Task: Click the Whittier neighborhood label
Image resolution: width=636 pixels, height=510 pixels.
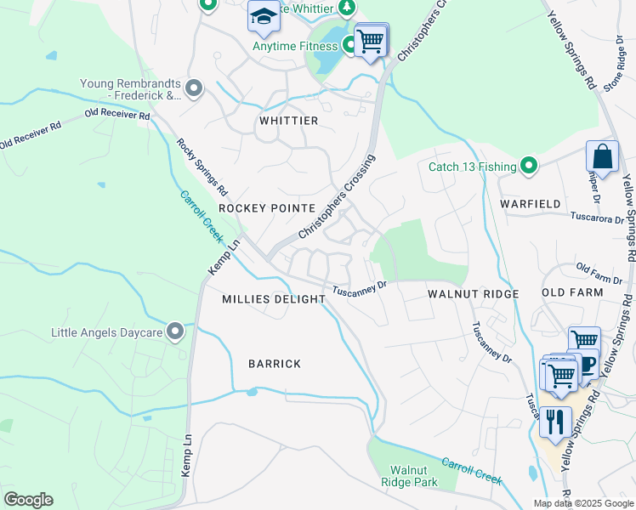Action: pos(288,121)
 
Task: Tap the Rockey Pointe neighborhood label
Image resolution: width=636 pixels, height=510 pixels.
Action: pos(267,208)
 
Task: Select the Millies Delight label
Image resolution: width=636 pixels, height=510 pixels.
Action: pos(274,299)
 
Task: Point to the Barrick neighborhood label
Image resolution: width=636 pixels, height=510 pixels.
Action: pos(275,364)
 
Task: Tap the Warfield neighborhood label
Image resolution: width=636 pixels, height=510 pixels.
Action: pos(531,205)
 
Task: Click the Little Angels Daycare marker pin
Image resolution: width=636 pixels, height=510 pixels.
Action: pos(175,330)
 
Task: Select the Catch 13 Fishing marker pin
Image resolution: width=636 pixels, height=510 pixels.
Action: pos(529,165)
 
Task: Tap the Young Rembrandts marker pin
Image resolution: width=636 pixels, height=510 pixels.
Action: pos(194,88)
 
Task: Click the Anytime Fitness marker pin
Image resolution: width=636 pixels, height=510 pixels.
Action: pos(349,44)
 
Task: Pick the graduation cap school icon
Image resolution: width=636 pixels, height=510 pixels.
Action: pos(264,17)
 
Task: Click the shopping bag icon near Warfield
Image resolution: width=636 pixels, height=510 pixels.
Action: pos(602,157)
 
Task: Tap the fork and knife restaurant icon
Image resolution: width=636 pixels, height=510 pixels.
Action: pos(555,422)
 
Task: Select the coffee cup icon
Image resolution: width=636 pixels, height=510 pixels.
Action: pos(587,364)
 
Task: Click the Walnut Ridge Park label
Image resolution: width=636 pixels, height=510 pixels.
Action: pos(413,476)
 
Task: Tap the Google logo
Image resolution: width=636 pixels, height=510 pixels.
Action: pos(28,500)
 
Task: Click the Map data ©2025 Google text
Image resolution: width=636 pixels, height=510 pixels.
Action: pos(582,503)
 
